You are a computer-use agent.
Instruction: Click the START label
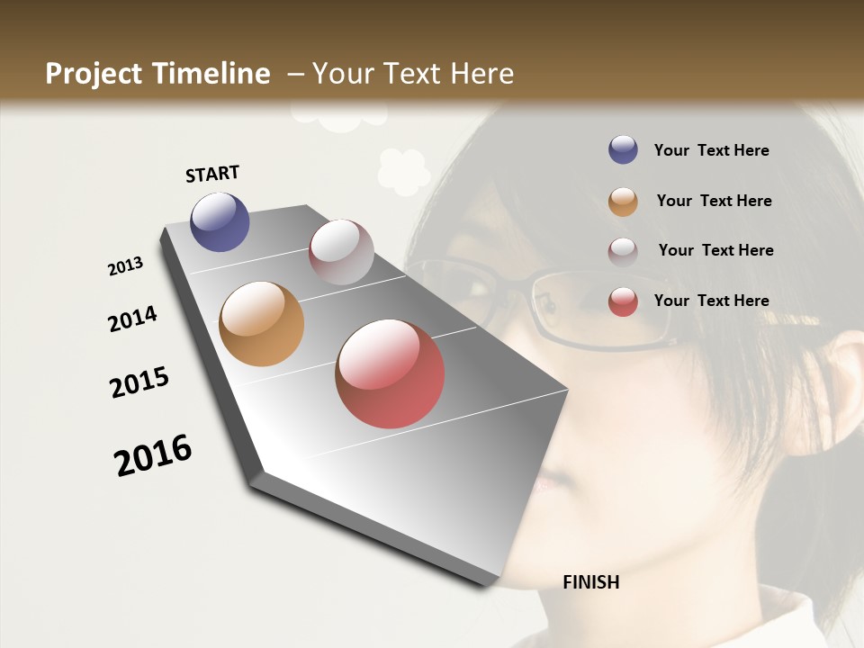212,174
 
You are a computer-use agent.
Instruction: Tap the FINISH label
591,582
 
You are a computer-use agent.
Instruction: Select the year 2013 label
126,266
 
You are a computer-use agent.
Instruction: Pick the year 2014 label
132,319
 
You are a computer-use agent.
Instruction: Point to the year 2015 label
139,382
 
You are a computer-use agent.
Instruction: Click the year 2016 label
153,454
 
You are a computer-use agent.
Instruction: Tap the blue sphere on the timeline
220,221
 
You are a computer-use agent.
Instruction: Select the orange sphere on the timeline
261,324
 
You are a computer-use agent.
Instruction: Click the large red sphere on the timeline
390,373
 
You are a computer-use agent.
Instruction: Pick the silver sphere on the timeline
341,252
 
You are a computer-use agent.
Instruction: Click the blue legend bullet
623,150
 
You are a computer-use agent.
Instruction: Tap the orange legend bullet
623,201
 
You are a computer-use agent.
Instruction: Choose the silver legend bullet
623,251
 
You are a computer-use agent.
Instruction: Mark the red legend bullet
623,301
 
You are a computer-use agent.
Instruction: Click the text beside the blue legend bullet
711,150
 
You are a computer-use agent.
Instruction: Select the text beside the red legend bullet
711,301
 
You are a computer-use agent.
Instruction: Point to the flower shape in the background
403,170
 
